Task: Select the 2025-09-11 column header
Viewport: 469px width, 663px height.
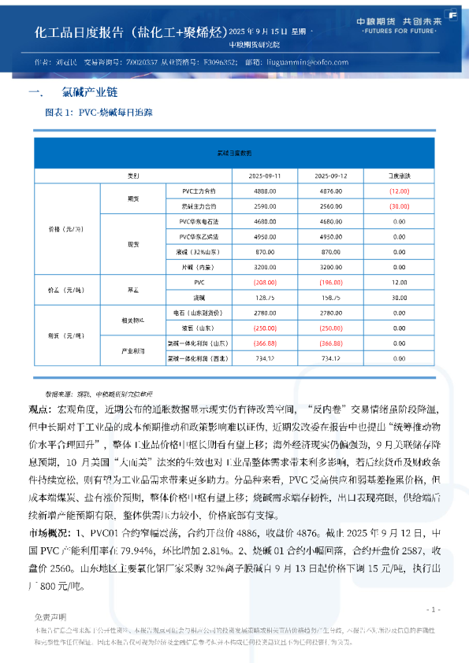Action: (x=265, y=175)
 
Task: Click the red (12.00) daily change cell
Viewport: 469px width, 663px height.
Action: (x=399, y=191)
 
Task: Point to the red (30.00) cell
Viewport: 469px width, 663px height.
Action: (x=399, y=205)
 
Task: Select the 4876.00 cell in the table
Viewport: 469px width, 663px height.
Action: (x=330, y=191)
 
